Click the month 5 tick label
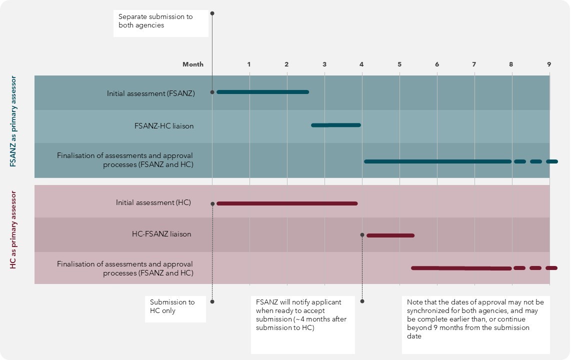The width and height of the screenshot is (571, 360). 399,64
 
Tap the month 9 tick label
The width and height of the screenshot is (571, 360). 548,64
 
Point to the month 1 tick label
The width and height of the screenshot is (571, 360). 249,64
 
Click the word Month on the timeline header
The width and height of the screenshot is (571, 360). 193,64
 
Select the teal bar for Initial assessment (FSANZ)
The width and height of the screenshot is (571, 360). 262,92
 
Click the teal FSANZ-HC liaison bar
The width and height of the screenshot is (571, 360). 335,125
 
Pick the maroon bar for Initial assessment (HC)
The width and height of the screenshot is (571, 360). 287,203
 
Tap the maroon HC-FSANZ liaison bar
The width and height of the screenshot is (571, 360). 390,235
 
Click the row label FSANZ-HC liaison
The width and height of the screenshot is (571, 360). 164,126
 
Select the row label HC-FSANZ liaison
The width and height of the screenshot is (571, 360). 161,234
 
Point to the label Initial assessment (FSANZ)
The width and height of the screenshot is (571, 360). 150,93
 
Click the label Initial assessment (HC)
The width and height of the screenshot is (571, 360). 153,202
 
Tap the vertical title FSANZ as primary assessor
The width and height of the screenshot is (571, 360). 13,121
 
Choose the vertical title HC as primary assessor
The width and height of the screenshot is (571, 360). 13,230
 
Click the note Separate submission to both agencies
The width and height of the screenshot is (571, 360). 155,21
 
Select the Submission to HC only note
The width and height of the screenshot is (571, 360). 172,306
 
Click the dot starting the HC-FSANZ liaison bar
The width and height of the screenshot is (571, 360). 362,235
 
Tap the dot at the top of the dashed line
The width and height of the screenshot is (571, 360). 212,13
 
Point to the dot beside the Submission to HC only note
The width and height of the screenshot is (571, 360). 212,301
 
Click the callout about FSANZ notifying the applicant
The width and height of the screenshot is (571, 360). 301,315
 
